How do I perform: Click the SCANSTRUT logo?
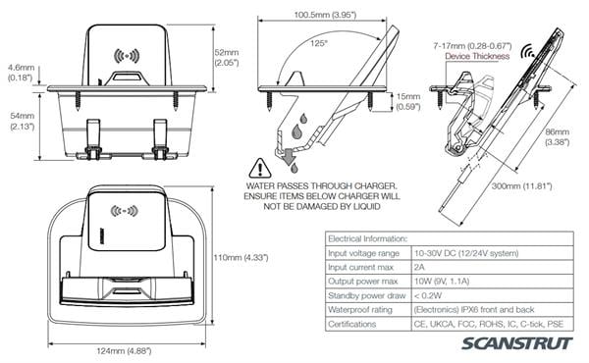[517, 343]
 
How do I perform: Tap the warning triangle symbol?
[260, 168]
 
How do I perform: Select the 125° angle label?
[318, 43]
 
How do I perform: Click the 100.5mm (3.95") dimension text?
[325, 15]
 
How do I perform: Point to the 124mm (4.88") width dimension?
[124, 351]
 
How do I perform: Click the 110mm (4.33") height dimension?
[241, 257]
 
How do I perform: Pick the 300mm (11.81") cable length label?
[522, 185]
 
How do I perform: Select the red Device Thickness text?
[477, 56]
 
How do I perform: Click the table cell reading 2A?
[419, 267]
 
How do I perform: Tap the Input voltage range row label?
[363, 253]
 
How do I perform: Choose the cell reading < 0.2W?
[428, 296]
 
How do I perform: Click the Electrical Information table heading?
[367, 238]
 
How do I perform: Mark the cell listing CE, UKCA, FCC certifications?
[489, 324]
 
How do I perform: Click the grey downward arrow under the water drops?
[290, 157]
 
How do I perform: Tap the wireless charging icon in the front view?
[127, 56]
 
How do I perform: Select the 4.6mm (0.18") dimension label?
[21, 73]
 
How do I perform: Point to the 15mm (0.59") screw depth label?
[408, 101]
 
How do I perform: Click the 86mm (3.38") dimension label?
[557, 136]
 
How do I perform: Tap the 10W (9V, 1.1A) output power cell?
[442, 282]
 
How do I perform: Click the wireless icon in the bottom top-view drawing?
[124, 211]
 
